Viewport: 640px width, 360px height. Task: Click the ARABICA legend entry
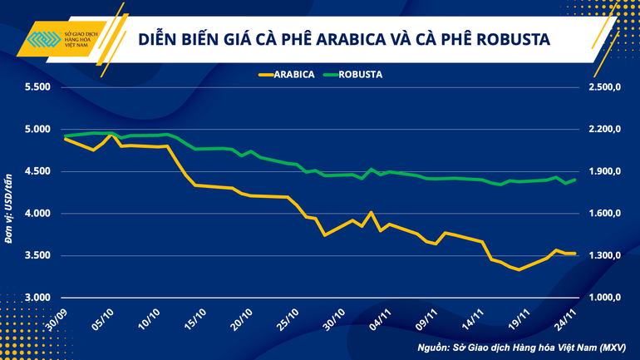(x=288, y=73)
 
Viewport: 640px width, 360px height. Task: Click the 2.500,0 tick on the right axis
(x=604, y=87)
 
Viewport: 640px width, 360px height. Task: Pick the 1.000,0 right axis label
(x=604, y=298)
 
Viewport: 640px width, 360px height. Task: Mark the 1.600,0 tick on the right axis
(x=604, y=214)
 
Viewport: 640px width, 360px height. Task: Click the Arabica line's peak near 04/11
(x=371, y=212)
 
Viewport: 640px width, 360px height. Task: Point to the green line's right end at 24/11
(x=575, y=179)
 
